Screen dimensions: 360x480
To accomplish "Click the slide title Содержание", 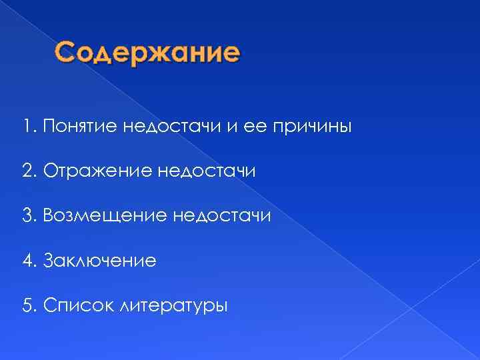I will (146, 53).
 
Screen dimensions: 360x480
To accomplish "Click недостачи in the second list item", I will (207, 172).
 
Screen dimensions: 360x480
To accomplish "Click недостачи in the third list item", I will (221, 216).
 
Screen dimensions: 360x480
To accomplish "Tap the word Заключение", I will (99, 261).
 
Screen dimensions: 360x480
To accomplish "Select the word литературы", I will (172, 305).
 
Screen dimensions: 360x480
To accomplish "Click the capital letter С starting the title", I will (67, 53).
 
